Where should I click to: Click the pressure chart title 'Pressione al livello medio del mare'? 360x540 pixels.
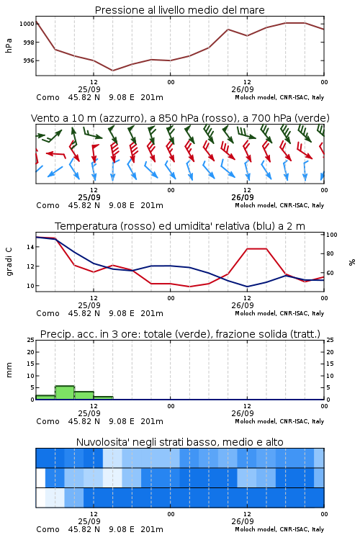coord(179,10)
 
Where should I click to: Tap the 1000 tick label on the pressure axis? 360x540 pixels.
coord(27,24)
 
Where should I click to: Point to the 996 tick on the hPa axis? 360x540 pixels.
coord(29,60)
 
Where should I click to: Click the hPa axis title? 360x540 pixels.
coord(9,45)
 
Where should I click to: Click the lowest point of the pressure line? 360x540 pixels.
coord(112,71)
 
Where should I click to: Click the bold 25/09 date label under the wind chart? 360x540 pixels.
coord(89,197)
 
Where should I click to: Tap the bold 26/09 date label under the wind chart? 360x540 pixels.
coord(243,197)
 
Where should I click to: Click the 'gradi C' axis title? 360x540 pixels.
coord(9,261)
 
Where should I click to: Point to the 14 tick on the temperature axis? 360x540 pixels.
coord(30,247)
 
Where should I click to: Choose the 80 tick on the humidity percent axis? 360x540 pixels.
coord(330,253)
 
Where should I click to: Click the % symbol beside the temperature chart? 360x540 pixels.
coord(352,262)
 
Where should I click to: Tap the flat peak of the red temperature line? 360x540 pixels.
coord(256,248)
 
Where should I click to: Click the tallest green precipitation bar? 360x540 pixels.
coord(65,392)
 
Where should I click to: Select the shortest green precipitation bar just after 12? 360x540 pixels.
coord(104,397)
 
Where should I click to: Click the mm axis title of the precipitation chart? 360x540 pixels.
coord(9,370)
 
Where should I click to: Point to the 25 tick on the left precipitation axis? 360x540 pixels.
coord(31,340)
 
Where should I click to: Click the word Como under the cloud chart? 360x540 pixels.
coord(48,529)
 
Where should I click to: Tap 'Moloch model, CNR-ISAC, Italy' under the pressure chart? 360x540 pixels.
coord(279,97)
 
